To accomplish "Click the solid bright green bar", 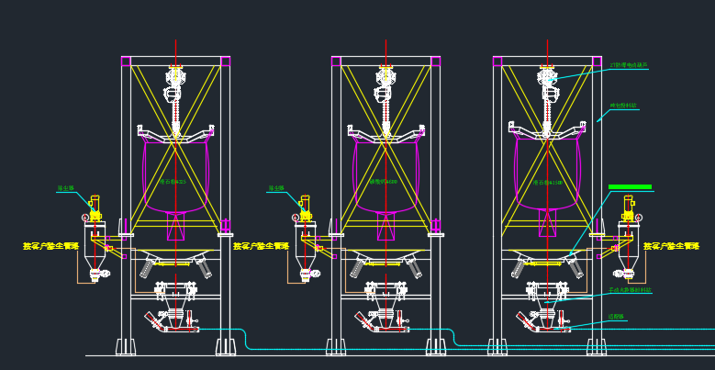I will tap(630, 186).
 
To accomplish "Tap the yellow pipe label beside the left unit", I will tap(51, 246).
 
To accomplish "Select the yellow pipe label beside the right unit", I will tap(673, 246).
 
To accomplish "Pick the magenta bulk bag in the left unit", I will tap(174, 174).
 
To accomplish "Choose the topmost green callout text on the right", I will tap(629, 65).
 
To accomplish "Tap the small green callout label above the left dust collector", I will tap(65, 188).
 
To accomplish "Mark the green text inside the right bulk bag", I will tap(548, 183).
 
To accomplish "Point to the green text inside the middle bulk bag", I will tap(384, 182).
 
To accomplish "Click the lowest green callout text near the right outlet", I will tap(616, 317).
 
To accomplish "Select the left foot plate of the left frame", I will tap(125, 347).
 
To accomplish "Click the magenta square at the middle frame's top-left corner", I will tap(336, 62).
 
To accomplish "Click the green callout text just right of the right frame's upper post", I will tap(623, 107).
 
